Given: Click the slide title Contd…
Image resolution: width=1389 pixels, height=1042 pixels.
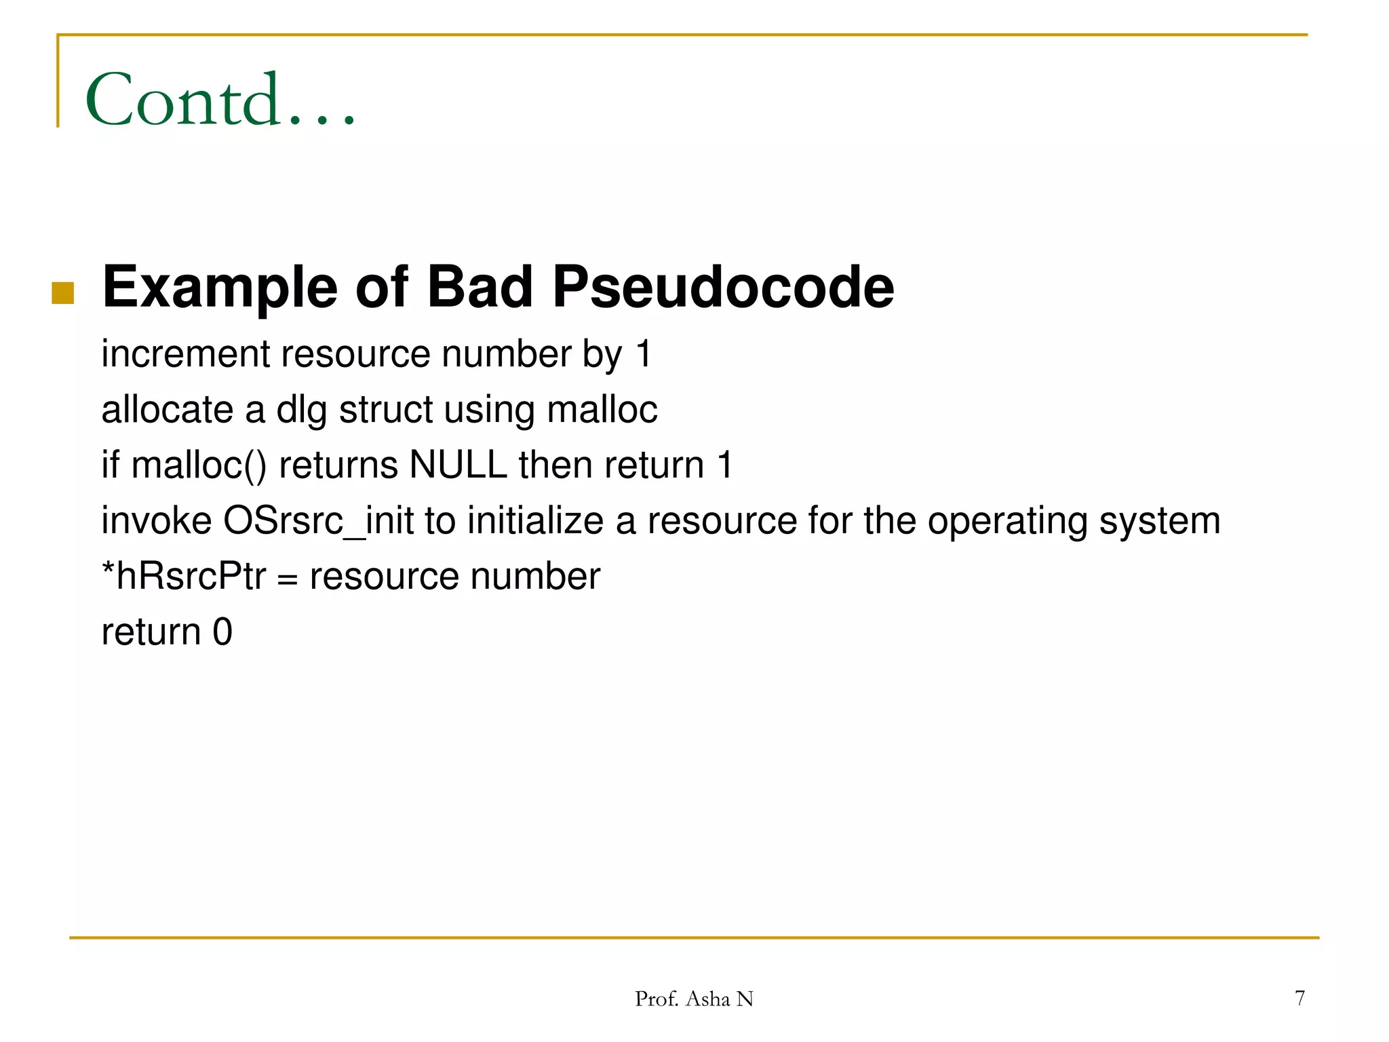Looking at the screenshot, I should click(220, 100).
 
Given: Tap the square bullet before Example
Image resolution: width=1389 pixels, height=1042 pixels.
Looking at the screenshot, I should click(62, 293).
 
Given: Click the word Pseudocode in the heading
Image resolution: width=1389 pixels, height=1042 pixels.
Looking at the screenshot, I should click(723, 288).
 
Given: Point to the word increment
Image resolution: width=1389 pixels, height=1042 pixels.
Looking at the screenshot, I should click(185, 354).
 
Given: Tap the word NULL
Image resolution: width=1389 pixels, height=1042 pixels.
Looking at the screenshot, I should click(458, 465).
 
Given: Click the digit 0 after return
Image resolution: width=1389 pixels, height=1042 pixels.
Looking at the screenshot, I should click(222, 632).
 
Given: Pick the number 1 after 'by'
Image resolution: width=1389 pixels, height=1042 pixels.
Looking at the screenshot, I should click(644, 354).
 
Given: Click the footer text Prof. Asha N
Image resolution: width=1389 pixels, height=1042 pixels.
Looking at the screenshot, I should click(694, 999).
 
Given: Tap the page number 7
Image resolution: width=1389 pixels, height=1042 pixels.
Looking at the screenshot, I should click(1299, 998).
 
